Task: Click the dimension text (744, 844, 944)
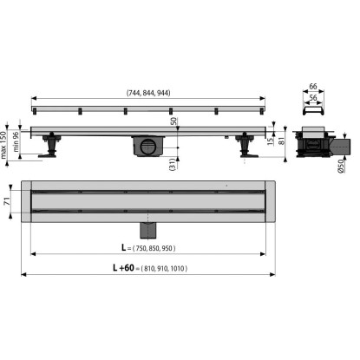(148, 93)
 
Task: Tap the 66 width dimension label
(313, 86)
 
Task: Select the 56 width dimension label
(313, 98)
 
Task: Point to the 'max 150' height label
(3, 145)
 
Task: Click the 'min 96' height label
(16, 141)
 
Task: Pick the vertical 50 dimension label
(173, 121)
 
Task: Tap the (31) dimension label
(173, 164)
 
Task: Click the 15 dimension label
(270, 141)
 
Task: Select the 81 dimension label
(281, 141)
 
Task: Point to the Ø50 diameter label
(341, 167)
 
